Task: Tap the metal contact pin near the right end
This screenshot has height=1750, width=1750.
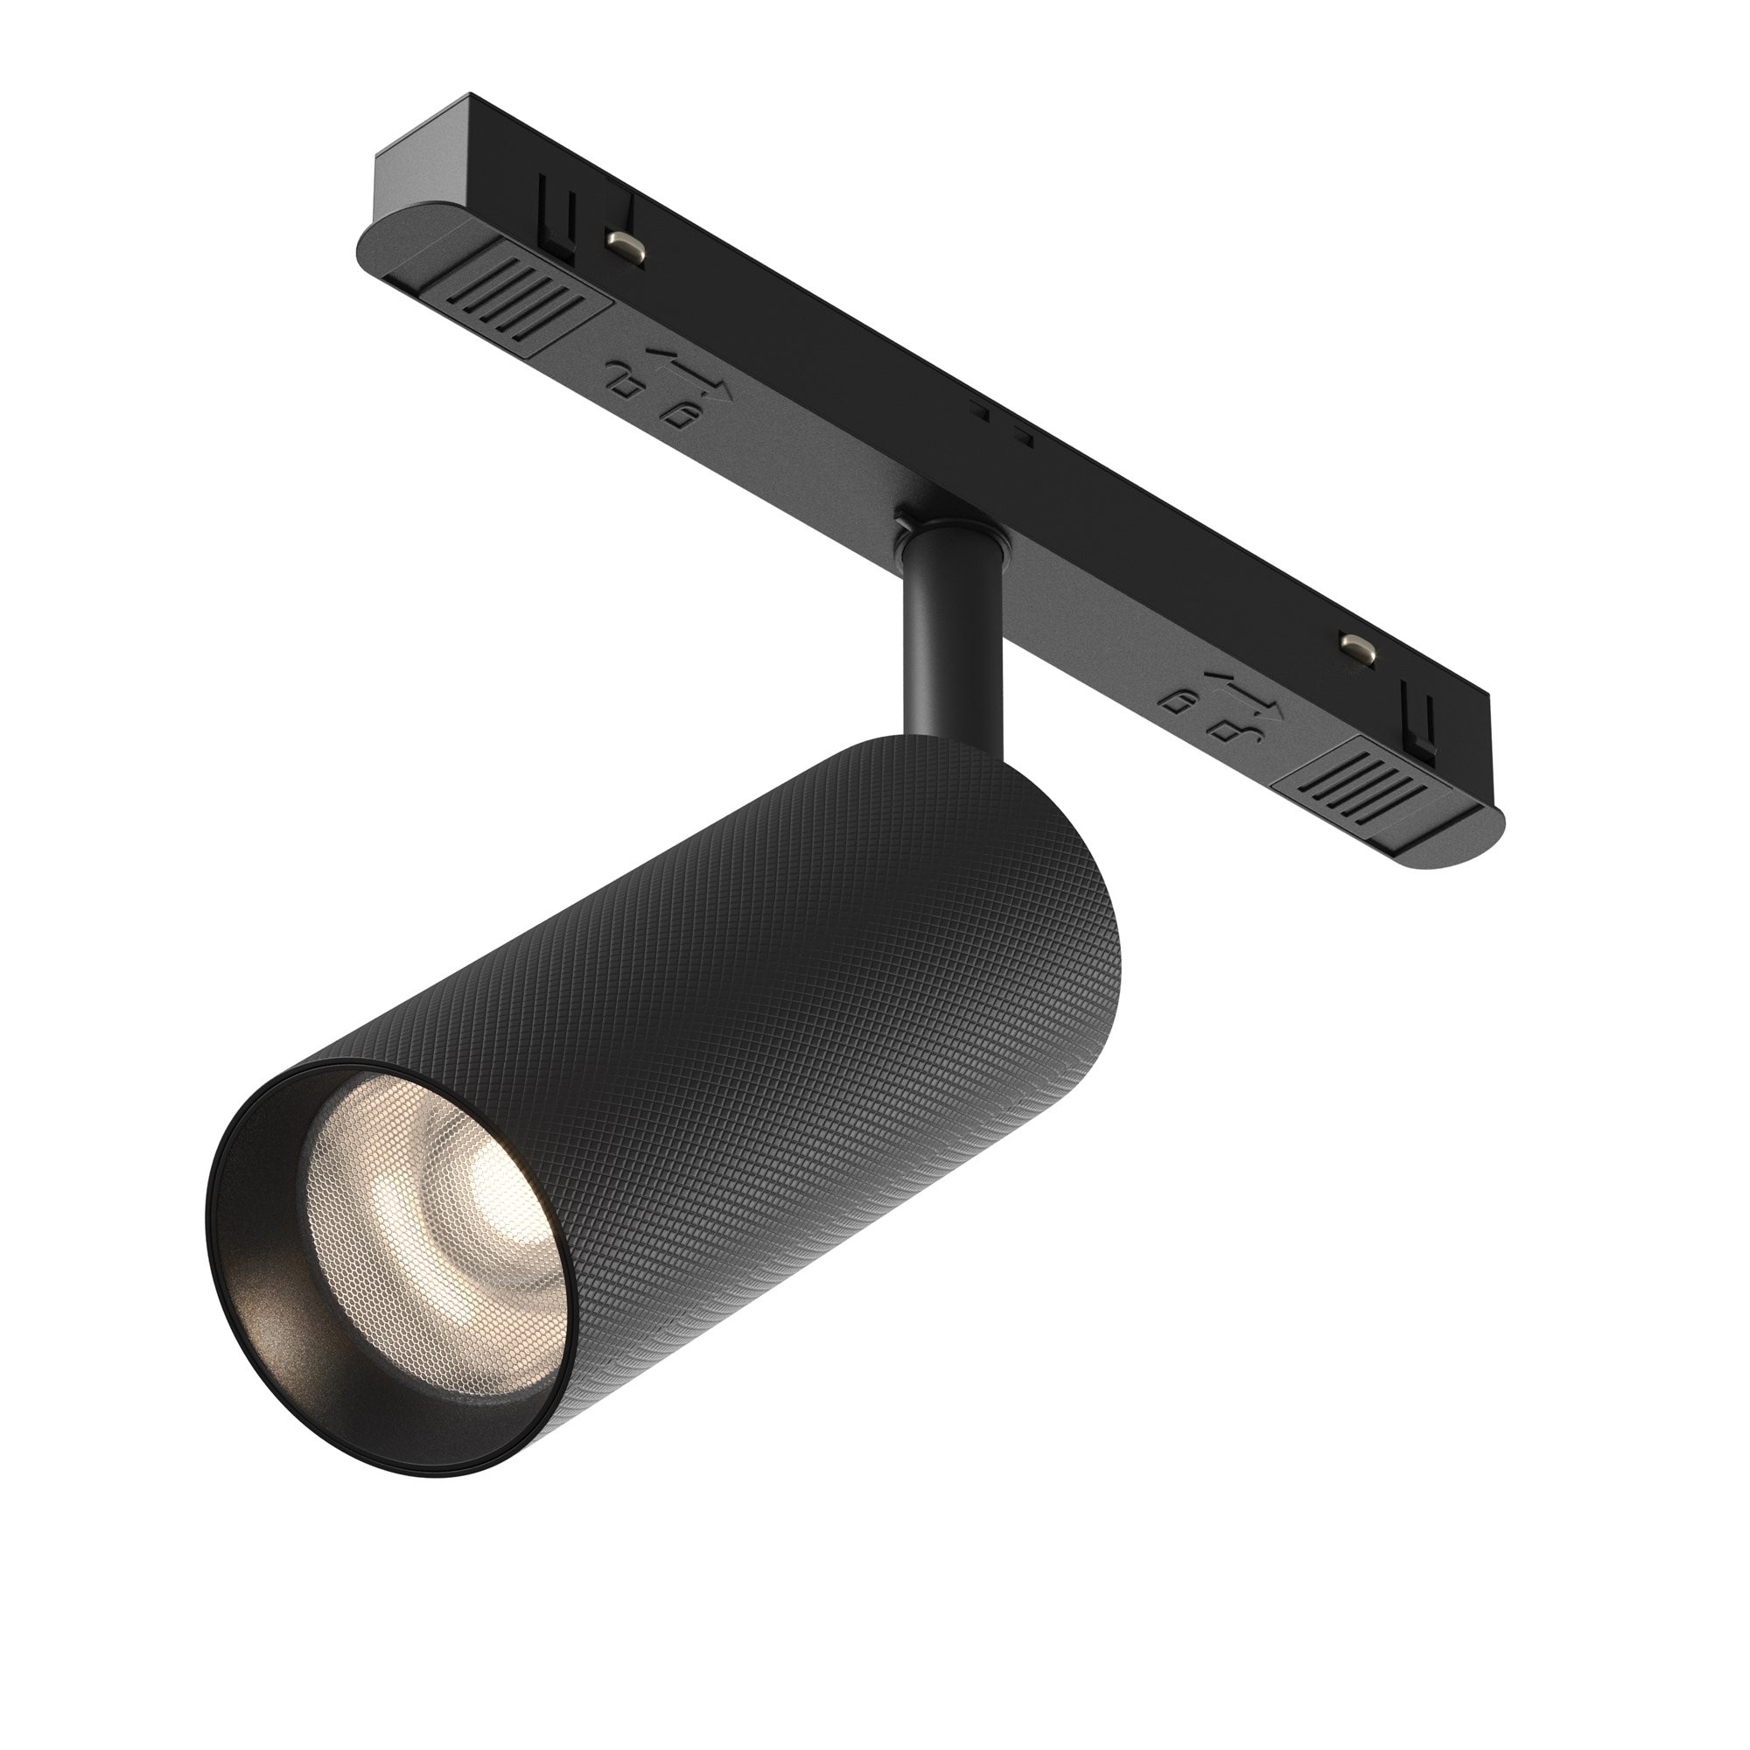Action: [x=1355, y=644]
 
